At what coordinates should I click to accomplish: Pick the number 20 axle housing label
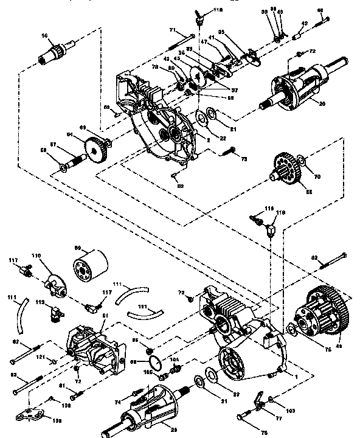[x=322, y=103]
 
